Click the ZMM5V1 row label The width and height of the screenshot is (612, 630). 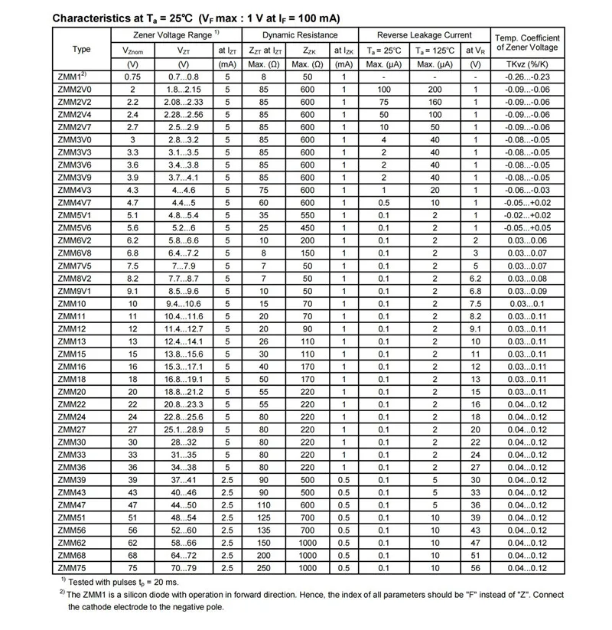pos(73,215)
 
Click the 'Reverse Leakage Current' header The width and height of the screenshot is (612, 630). pos(425,35)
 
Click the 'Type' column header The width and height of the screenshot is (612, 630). pos(82,49)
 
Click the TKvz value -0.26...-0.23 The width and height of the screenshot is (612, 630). pos(527,77)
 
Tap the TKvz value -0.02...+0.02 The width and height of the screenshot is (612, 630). pos(527,215)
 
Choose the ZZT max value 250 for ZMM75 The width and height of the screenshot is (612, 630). pos(264,567)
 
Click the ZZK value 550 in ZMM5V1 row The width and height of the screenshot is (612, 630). pos(308,215)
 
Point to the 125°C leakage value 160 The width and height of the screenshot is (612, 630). pos(435,102)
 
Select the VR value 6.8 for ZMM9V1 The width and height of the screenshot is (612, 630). pos(475,291)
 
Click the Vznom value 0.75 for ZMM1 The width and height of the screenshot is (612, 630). pos(132,77)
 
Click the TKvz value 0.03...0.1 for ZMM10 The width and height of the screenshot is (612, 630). pos(527,303)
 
